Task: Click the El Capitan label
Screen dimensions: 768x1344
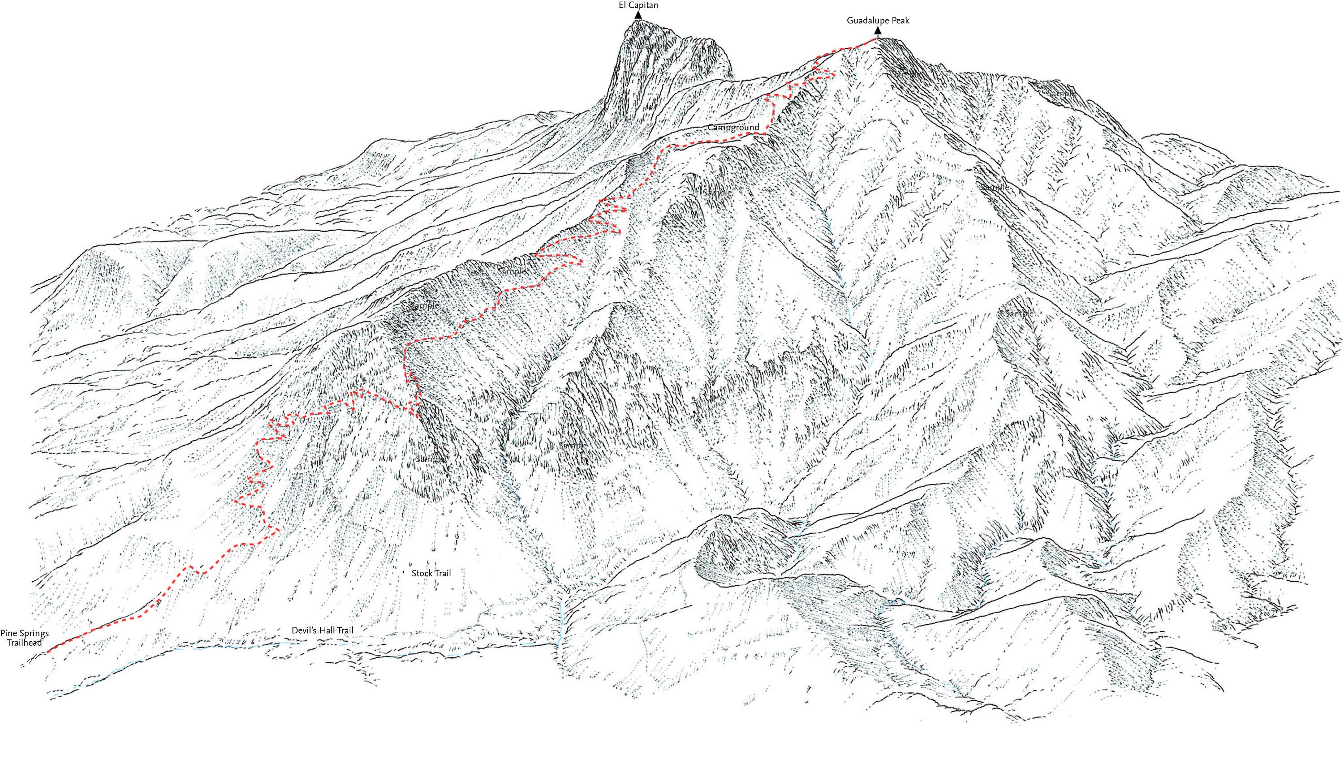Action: pos(638,5)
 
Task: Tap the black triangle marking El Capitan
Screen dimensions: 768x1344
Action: pos(638,15)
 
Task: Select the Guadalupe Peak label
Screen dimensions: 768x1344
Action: pos(878,21)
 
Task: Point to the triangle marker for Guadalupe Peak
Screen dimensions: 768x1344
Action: pos(878,30)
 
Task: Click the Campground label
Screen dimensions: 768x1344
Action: pos(733,128)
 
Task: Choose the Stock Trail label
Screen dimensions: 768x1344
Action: pos(431,573)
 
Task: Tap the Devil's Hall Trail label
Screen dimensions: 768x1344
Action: pos(323,631)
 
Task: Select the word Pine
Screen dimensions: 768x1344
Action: pos(9,634)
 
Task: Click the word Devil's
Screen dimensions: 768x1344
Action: pos(303,631)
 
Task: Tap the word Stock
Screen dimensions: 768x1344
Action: pos(422,573)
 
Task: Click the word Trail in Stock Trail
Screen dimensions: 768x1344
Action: pos(442,573)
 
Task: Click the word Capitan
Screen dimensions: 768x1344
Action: pos(643,5)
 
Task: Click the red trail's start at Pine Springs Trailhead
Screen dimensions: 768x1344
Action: pos(48,652)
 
